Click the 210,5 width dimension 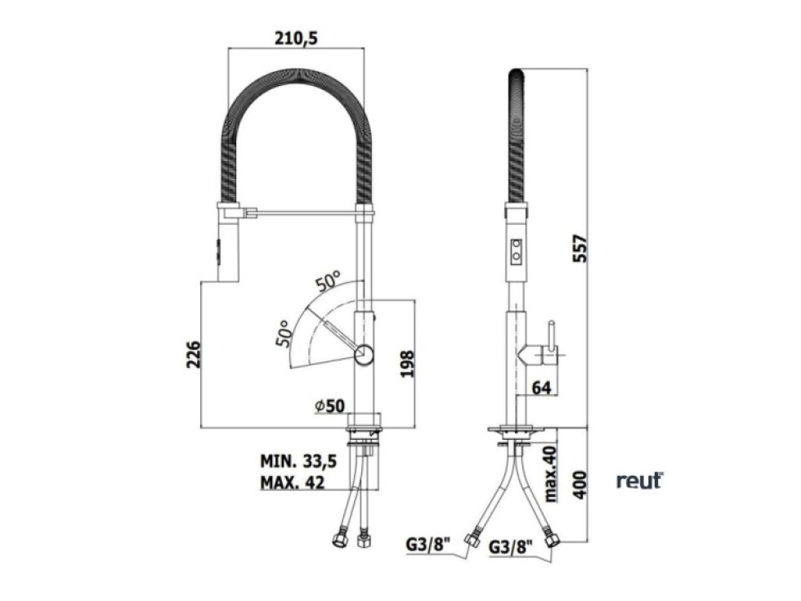tap(296, 38)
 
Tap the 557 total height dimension tap(579, 249)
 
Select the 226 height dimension tap(194, 354)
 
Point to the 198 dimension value tap(407, 364)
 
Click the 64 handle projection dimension tap(541, 388)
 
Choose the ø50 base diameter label tap(330, 406)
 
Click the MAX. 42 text tap(293, 482)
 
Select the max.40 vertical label tap(551, 473)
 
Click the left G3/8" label tap(428, 545)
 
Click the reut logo tap(639, 481)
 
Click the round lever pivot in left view tap(364, 353)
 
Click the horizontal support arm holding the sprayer tap(306, 211)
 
